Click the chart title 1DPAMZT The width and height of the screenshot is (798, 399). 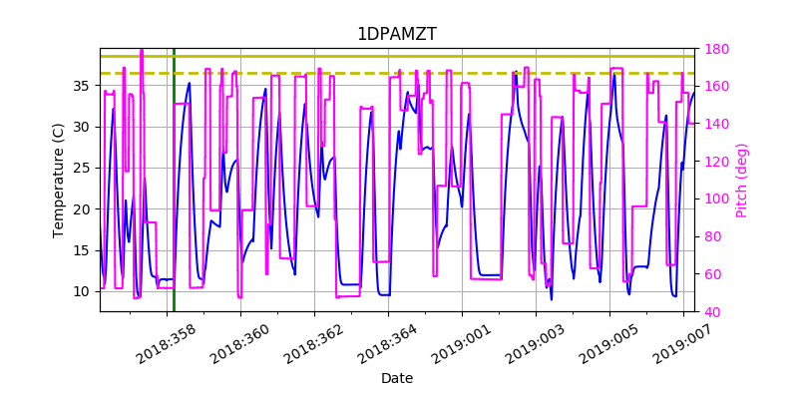click(396, 34)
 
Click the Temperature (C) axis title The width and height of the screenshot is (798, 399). click(59, 180)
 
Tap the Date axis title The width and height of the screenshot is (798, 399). click(396, 379)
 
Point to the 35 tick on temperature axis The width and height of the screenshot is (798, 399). click(82, 86)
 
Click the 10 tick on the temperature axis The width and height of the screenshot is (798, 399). click(82, 291)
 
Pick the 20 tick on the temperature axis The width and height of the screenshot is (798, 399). click(82, 209)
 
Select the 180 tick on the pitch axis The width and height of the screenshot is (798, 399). click(717, 49)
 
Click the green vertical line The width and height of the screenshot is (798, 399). click(174, 199)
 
